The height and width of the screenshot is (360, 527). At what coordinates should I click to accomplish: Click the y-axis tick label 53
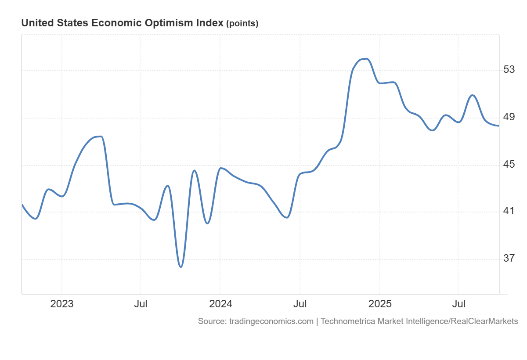509,70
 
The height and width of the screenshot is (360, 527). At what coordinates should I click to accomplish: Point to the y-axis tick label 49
509,117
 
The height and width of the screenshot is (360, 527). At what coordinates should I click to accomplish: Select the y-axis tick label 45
509,165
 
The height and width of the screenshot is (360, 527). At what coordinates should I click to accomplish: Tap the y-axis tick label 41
509,211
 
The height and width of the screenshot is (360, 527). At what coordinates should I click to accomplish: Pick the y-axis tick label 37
509,258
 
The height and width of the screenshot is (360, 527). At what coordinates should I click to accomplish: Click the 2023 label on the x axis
62,304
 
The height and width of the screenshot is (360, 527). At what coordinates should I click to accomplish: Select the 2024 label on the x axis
220,304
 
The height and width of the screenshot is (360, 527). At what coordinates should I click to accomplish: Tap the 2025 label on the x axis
379,304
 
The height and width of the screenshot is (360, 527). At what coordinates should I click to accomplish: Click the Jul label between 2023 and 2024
140,304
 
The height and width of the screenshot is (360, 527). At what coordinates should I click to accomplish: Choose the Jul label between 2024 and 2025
300,304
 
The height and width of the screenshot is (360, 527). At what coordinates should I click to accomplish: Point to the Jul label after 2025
458,304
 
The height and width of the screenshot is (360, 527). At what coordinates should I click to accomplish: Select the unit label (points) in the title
242,24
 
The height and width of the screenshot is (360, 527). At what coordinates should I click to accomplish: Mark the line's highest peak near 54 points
365,59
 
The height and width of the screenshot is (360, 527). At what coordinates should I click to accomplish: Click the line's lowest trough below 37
180,266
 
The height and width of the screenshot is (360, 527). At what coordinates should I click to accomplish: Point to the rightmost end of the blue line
498,126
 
